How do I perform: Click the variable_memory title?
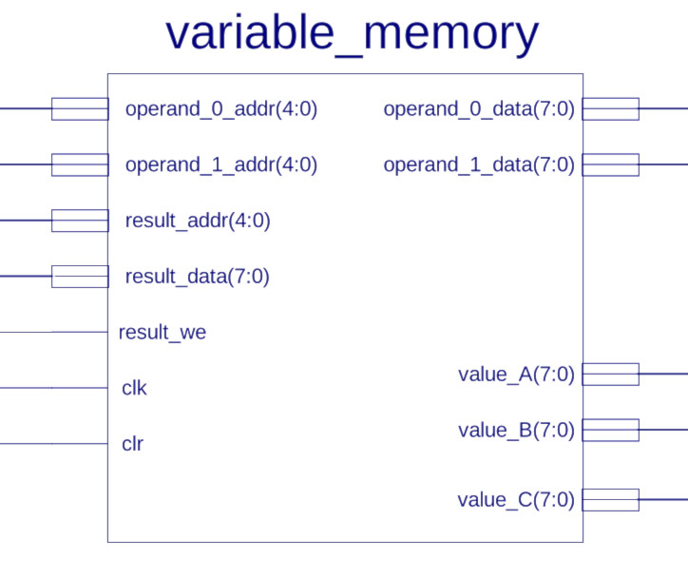(352, 34)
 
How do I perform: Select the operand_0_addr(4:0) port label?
(221, 108)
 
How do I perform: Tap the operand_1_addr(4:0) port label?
(221, 164)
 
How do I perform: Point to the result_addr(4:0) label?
(198, 221)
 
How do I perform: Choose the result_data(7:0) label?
(197, 277)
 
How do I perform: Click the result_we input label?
(162, 332)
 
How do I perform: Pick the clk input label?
(134, 388)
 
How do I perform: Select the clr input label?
(132, 444)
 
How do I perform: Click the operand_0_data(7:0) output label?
(479, 108)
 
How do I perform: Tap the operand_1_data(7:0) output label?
(479, 164)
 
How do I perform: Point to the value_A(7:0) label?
(516, 375)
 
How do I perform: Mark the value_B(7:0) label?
(516, 430)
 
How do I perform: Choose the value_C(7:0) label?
(516, 500)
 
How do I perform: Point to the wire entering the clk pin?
(54, 388)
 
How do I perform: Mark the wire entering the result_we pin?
(54, 332)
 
